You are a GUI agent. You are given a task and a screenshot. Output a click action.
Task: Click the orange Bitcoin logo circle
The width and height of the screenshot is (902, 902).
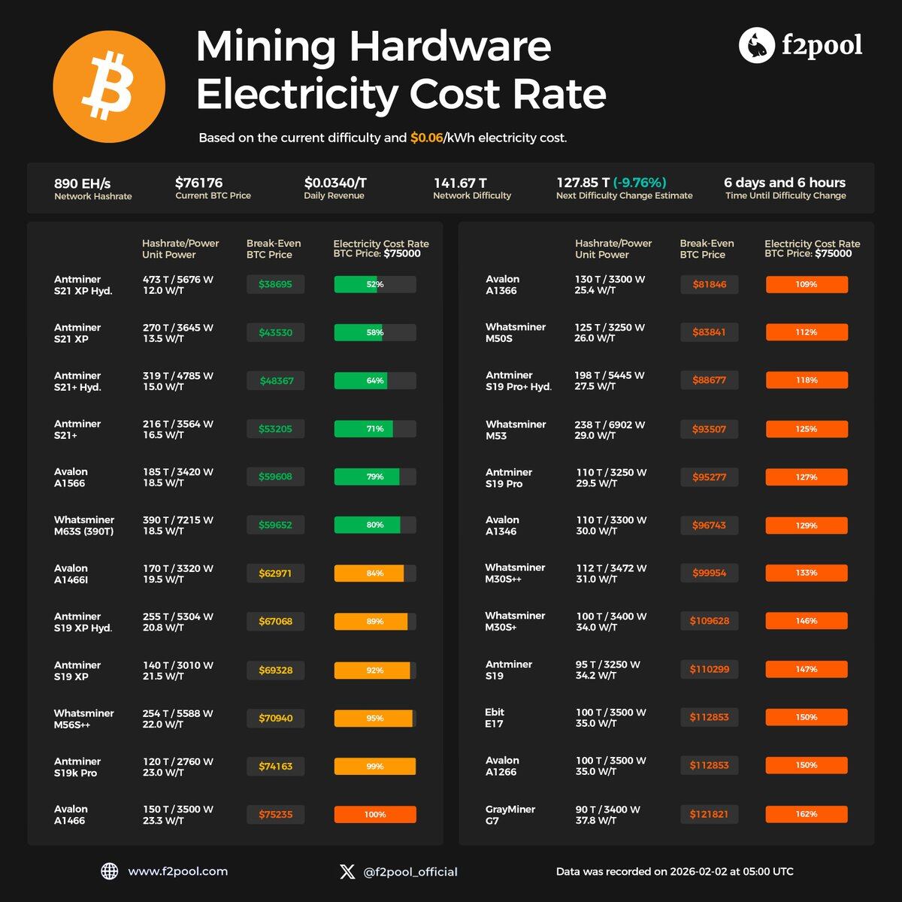[109, 86]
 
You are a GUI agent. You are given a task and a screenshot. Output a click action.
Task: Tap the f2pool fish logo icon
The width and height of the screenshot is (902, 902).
[756, 46]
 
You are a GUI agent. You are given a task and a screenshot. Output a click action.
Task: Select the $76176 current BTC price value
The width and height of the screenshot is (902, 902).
[198, 183]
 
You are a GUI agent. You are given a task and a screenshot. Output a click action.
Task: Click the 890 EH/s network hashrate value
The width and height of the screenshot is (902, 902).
[82, 183]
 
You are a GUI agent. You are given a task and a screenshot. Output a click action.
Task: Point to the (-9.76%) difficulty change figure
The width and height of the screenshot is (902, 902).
[640, 183]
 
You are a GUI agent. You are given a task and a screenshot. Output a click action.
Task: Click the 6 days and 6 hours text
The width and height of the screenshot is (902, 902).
[784, 183]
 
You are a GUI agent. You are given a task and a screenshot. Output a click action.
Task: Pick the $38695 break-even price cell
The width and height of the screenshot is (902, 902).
[275, 284]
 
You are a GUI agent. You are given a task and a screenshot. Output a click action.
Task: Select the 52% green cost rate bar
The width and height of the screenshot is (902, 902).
[374, 284]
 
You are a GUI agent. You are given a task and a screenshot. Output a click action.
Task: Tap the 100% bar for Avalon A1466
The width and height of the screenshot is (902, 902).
[374, 814]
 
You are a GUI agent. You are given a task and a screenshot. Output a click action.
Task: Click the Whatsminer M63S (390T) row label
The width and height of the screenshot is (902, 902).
[84, 525]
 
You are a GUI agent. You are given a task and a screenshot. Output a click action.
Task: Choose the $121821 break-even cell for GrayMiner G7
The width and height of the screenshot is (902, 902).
[709, 814]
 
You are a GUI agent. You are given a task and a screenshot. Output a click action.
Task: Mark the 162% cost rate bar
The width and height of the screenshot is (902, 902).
[807, 814]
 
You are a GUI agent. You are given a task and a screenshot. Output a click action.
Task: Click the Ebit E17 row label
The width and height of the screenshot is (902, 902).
[495, 718]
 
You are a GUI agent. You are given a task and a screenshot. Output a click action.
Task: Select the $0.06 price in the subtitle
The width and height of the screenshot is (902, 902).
[426, 138]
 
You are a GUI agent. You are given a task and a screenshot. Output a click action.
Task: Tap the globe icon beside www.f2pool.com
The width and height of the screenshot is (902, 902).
[110, 871]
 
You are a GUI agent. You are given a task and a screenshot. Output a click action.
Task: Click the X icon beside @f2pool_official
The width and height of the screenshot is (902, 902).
[347, 871]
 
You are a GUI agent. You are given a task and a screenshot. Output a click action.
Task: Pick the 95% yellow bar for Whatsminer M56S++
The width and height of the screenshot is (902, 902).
[374, 718]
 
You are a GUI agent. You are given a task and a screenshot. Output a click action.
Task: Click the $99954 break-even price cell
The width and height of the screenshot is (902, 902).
[709, 573]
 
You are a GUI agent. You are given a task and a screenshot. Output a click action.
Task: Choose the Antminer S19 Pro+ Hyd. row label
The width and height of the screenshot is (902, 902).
[518, 381]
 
